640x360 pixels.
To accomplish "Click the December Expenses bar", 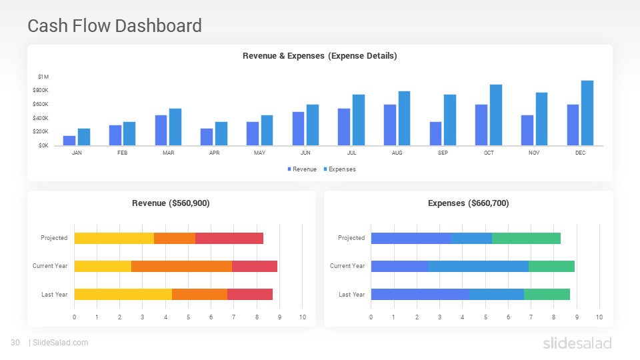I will point(587,113).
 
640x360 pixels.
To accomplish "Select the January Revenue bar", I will point(69,140).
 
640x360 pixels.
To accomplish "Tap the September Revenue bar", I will point(435,133).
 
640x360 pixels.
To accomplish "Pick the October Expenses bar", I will point(495,115).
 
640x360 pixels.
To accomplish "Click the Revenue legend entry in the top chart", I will point(302,169).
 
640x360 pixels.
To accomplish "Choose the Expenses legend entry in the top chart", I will point(339,169).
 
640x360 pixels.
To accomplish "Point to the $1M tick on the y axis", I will point(43,77).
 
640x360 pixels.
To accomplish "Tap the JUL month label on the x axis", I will point(351,153).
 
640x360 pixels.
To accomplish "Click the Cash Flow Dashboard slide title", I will point(115,26).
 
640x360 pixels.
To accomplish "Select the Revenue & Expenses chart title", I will point(319,56).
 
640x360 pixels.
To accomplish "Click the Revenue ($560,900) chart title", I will point(171,203).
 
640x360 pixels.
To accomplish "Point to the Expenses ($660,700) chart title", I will point(468,203).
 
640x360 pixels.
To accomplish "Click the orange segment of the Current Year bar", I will point(181,266).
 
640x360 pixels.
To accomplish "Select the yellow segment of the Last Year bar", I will point(123,294).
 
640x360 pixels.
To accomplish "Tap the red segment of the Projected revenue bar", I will point(229,238).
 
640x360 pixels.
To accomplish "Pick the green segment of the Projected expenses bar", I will point(526,238).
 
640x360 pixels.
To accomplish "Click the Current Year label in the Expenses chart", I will point(347,266).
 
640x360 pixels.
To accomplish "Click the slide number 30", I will point(15,343).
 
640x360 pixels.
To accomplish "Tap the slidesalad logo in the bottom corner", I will point(577,343).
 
